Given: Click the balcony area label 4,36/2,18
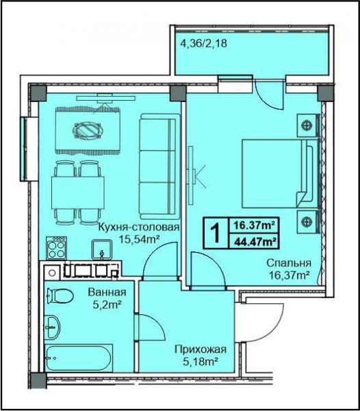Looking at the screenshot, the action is (204, 43).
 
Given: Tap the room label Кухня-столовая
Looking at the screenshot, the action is (139, 227).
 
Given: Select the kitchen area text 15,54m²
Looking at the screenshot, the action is (140, 239).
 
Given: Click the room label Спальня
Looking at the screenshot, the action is (289, 262).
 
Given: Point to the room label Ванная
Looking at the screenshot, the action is (107, 292).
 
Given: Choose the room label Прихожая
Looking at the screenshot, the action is (201, 349).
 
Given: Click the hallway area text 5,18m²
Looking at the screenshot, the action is (201, 362).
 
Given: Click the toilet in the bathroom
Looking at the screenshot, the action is (60, 296).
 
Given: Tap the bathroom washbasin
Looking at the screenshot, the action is (53, 327).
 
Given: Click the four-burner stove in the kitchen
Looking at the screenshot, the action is (57, 248).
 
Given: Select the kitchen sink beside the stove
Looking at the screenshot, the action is (102, 249).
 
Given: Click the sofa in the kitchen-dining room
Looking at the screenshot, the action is (159, 166).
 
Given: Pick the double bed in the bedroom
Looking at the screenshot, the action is (278, 173).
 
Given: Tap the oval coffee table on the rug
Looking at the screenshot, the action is (88, 130).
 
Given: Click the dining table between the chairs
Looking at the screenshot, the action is (78, 192).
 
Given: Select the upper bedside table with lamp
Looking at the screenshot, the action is (307, 125).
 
